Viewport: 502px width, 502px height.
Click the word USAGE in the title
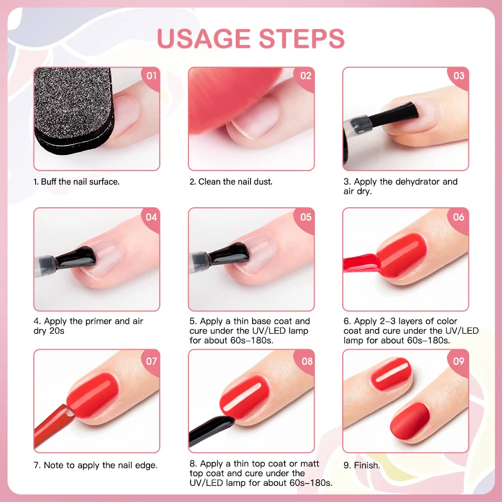[x=203, y=38]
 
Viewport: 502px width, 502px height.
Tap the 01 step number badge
[x=152, y=76]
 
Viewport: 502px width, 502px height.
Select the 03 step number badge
[x=459, y=76]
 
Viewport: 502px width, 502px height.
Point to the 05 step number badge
[x=306, y=217]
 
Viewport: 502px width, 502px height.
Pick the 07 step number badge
[x=152, y=359]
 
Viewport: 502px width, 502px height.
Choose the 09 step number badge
[x=459, y=360]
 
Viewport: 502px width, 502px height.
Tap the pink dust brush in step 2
[x=216, y=97]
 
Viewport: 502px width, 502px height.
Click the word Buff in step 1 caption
[x=49, y=182]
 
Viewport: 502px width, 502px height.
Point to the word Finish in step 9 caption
[x=367, y=465]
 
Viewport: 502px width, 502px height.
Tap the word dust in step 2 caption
[x=262, y=182]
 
